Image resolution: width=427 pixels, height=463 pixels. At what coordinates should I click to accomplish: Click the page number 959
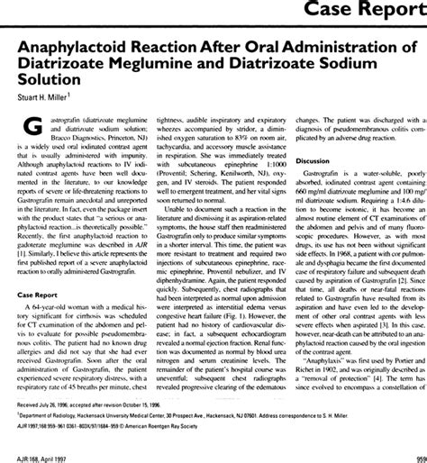pos(418,454)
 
